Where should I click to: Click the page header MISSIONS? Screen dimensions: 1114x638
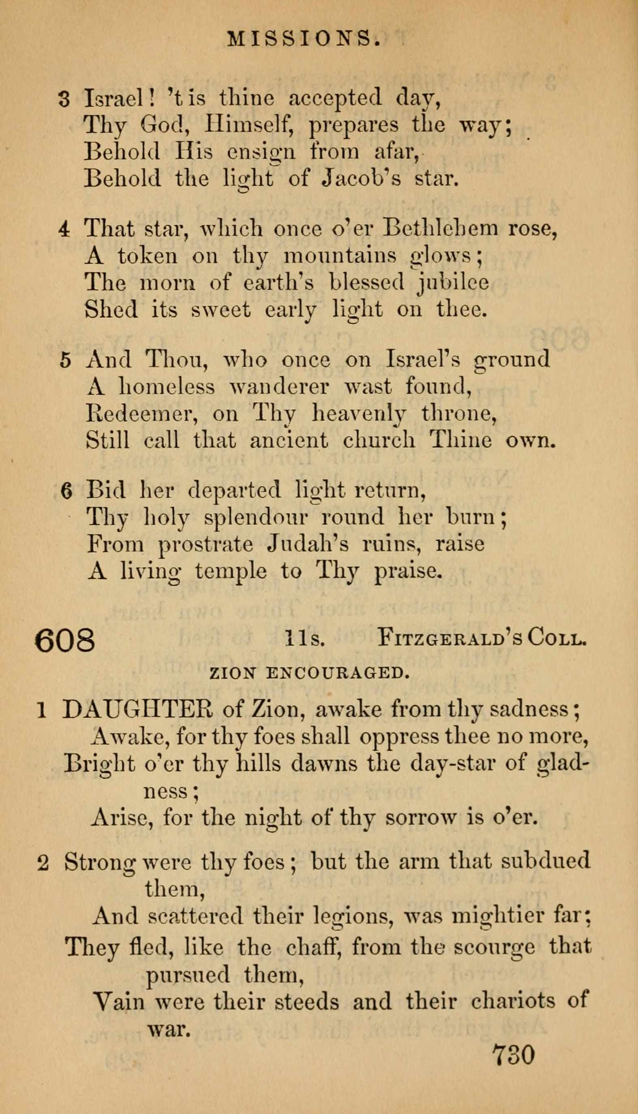(304, 40)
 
